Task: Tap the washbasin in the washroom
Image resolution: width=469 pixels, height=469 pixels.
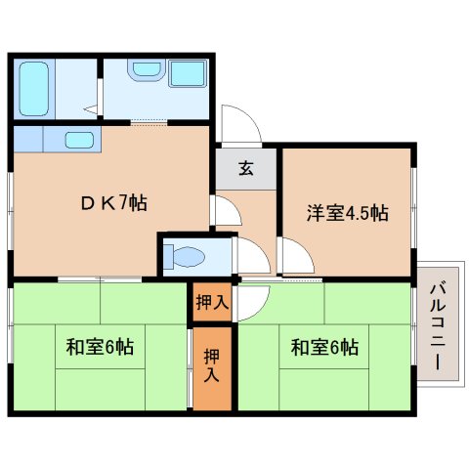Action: pos(146,71)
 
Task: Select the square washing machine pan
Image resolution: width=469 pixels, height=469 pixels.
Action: pos(186,76)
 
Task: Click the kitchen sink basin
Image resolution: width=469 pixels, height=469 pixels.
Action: pos(79,139)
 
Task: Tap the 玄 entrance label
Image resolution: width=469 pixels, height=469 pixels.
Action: pos(246,168)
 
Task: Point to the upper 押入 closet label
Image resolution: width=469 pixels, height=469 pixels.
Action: pos(211,303)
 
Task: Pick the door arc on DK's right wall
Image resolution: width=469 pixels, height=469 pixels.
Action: pos(223,210)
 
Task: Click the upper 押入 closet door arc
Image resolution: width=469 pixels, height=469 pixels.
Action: pos(245,301)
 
